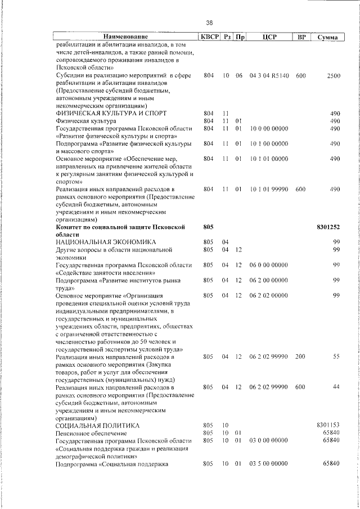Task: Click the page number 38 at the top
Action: [x=209, y=22]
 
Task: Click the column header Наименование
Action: [x=125, y=37]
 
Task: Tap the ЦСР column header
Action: [x=268, y=37]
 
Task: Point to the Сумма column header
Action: [x=327, y=37]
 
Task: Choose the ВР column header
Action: [x=301, y=37]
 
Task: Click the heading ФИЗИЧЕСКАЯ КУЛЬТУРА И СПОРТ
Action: [x=111, y=113]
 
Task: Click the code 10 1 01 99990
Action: [x=269, y=189]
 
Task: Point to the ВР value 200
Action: [x=300, y=357]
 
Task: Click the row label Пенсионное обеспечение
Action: [x=91, y=433]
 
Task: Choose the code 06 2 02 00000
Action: [x=269, y=296]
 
